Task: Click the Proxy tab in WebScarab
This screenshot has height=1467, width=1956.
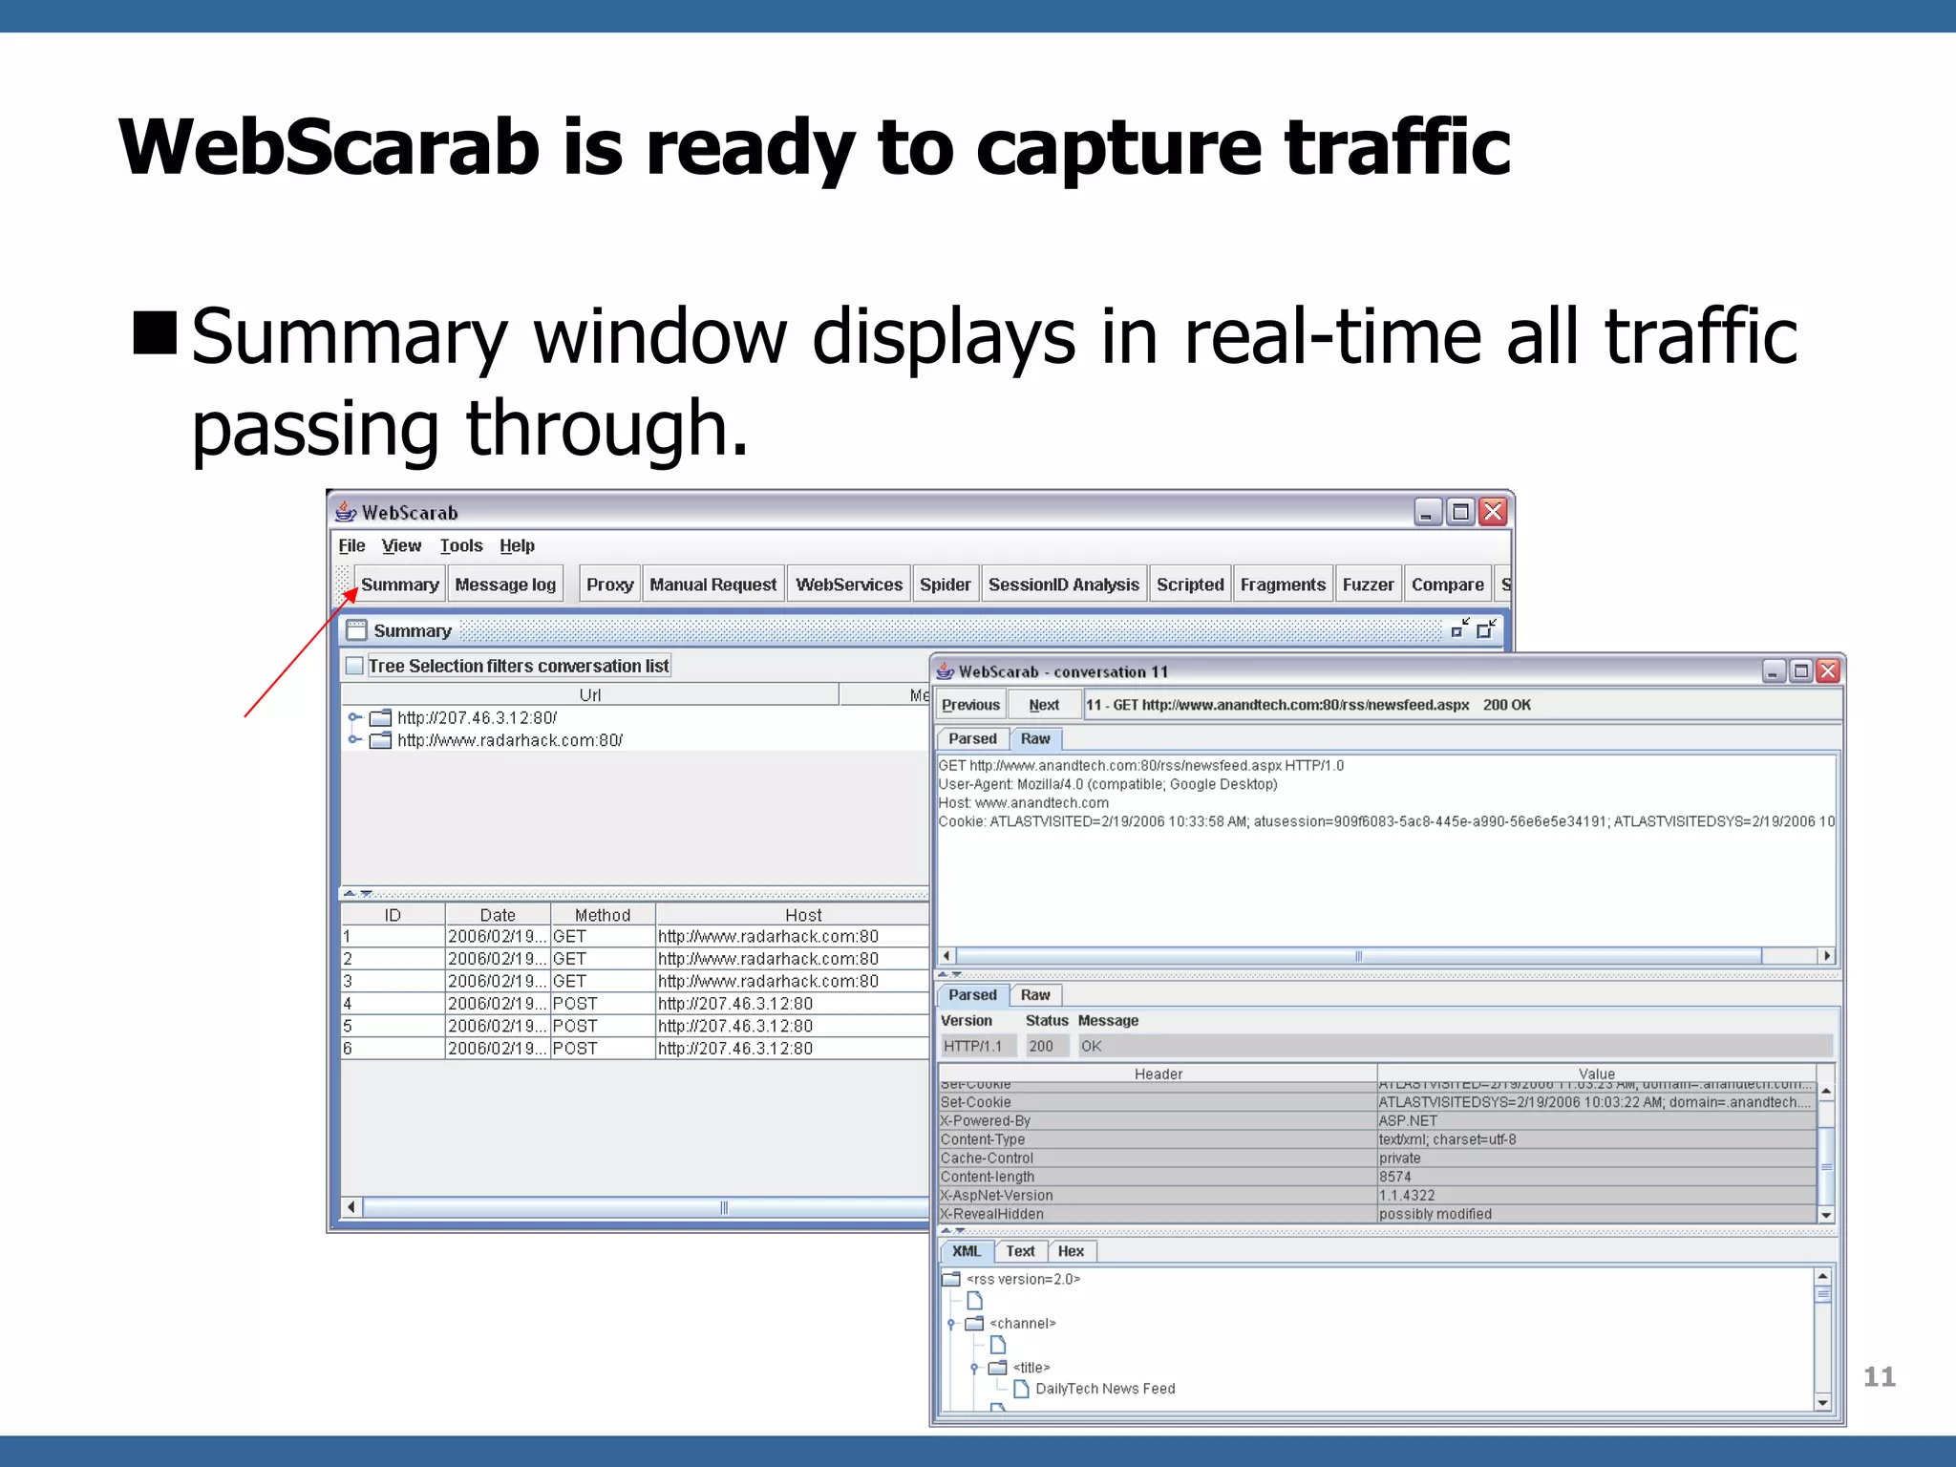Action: click(x=609, y=585)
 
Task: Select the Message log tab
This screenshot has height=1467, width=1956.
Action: click(x=504, y=585)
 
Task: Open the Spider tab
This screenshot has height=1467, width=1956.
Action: click(x=945, y=585)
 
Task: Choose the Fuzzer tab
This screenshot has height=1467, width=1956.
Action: click(x=1368, y=585)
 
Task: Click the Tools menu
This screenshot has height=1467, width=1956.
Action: click(x=460, y=545)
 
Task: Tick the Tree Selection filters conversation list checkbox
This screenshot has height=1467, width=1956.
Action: click(x=354, y=666)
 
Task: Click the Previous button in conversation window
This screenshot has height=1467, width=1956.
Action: click(x=970, y=705)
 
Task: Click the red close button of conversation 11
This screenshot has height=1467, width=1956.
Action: click(x=1828, y=671)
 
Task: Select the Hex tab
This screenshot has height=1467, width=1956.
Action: click(x=1071, y=1251)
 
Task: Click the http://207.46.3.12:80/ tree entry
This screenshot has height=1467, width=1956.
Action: click(x=477, y=718)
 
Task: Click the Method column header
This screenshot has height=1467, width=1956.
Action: click(x=602, y=915)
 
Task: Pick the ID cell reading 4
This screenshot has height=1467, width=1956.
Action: click(x=348, y=1004)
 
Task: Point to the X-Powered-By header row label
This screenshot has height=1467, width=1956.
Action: click(x=985, y=1121)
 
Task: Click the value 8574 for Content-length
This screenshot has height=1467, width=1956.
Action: click(x=1394, y=1177)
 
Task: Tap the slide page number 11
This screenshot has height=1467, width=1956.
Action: click(x=1879, y=1376)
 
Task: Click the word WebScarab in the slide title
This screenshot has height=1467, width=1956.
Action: click(x=330, y=148)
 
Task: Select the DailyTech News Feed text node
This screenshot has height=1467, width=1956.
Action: click(x=1105, y=1389)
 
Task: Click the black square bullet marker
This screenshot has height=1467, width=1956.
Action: click(x=156, y=333)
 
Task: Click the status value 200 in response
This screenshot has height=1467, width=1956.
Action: click(x=1041, y=1047)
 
